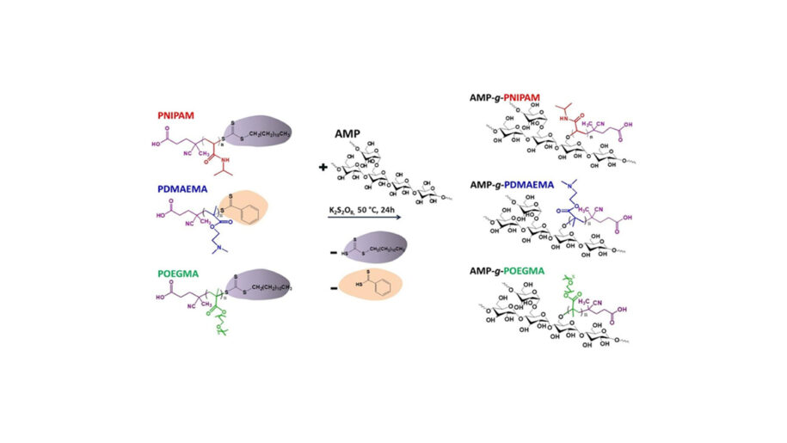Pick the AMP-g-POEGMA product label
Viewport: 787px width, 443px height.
539,270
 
